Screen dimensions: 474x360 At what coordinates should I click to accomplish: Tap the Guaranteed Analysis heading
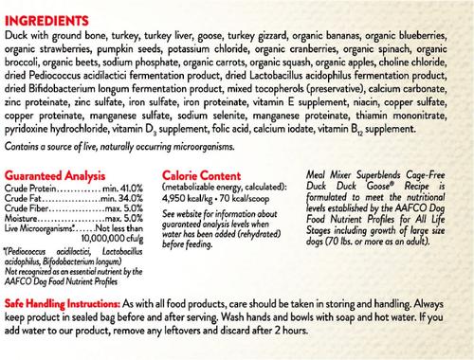tap(52, 176)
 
